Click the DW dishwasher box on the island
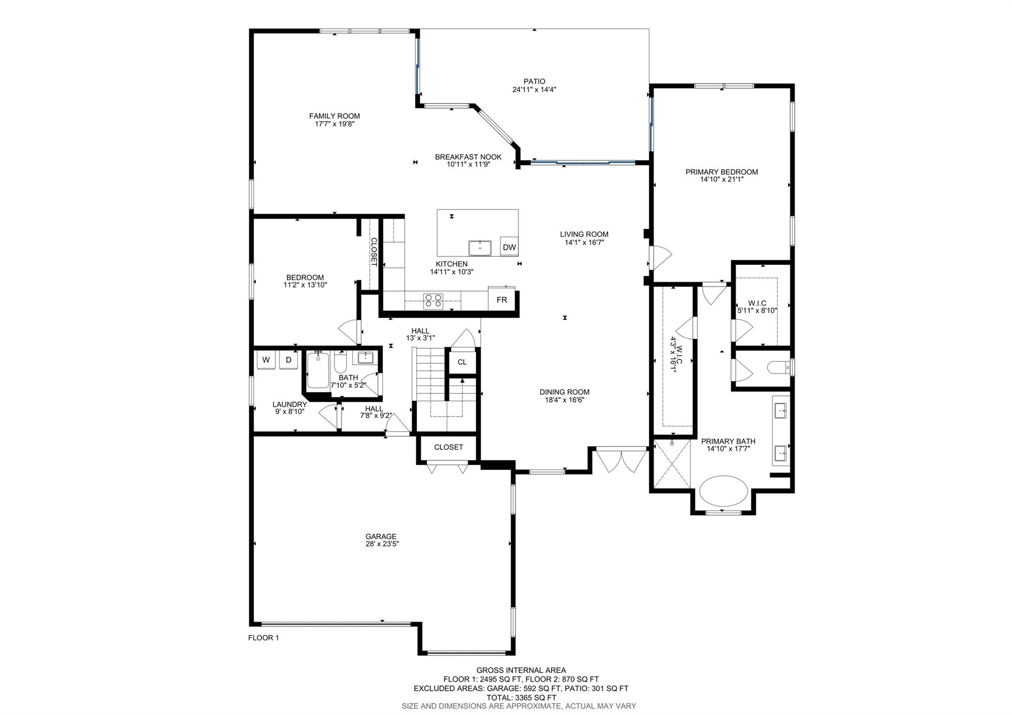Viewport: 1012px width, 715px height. click(509, 247)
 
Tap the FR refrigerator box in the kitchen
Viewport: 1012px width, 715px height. click(502, 300)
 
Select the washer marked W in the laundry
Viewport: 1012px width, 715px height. click(266, 360)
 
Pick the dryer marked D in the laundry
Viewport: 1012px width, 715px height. click(289, 360)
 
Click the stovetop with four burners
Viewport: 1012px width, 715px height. click(433, 301)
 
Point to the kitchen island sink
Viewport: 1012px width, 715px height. click(480, 248)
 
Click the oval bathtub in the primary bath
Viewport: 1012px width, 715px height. click(723, 492)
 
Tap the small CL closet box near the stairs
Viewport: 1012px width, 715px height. click(462, 362)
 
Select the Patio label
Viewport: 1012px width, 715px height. click(535, 82)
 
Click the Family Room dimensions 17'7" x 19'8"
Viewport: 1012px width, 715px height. click(335, 124)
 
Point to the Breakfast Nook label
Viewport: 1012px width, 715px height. click(468, 157)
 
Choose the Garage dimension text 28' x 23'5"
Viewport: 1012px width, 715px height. click(381, 544)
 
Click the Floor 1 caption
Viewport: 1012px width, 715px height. click(263, 637)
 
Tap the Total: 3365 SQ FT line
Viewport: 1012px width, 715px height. click(521, 697)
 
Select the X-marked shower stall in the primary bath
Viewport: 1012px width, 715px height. click(672, 463)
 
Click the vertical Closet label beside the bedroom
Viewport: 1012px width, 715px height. click(374, 252)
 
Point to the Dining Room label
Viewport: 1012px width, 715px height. click(564, 392)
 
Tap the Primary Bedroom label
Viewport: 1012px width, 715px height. click(721, 172)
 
